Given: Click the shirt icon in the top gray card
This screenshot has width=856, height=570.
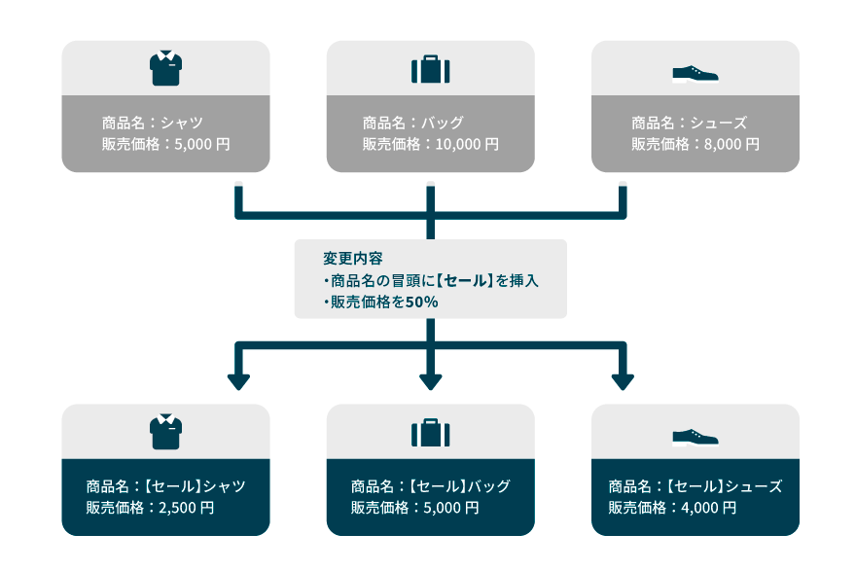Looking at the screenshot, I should pos(165,69).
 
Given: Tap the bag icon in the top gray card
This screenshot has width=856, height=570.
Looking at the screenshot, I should pos(430,70).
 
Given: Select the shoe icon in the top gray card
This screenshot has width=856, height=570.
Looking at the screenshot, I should pos(695,73).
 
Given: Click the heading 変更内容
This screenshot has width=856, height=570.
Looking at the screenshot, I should pos(352,260).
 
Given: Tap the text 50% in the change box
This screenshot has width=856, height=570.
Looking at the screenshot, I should pos(421,303).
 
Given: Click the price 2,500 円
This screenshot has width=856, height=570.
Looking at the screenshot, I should pos(189,508).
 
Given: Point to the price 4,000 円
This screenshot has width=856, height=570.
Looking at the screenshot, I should pos(710,508).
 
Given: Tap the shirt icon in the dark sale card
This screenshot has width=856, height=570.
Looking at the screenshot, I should pos(165,432).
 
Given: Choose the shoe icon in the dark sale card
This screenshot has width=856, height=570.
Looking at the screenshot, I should pos(695,437).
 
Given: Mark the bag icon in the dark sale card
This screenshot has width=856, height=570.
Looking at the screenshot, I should pos(430,433).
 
